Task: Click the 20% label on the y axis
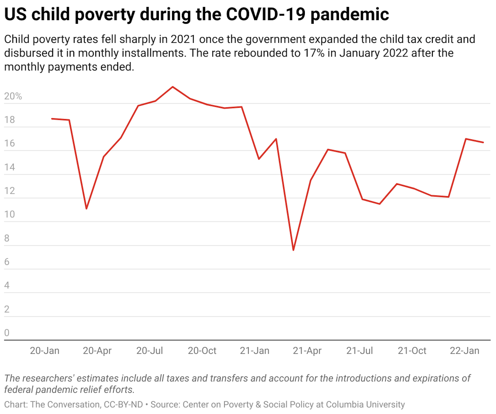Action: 13,96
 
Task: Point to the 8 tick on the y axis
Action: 7,238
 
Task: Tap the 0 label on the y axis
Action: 7,333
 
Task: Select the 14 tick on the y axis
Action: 10,167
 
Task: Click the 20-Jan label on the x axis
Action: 44,351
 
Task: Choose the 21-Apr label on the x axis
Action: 307,351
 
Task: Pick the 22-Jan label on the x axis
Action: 464,351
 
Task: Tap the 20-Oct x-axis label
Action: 202,351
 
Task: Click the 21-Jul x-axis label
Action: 359,351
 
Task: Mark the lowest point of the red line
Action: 293,250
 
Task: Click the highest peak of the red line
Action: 173,87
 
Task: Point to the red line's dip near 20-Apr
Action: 86,208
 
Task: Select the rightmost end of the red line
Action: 483,142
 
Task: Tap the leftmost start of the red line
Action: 52,119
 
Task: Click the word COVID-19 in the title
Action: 266,14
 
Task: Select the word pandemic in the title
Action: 350,14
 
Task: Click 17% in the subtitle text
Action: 314,53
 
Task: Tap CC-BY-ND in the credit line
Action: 123,404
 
